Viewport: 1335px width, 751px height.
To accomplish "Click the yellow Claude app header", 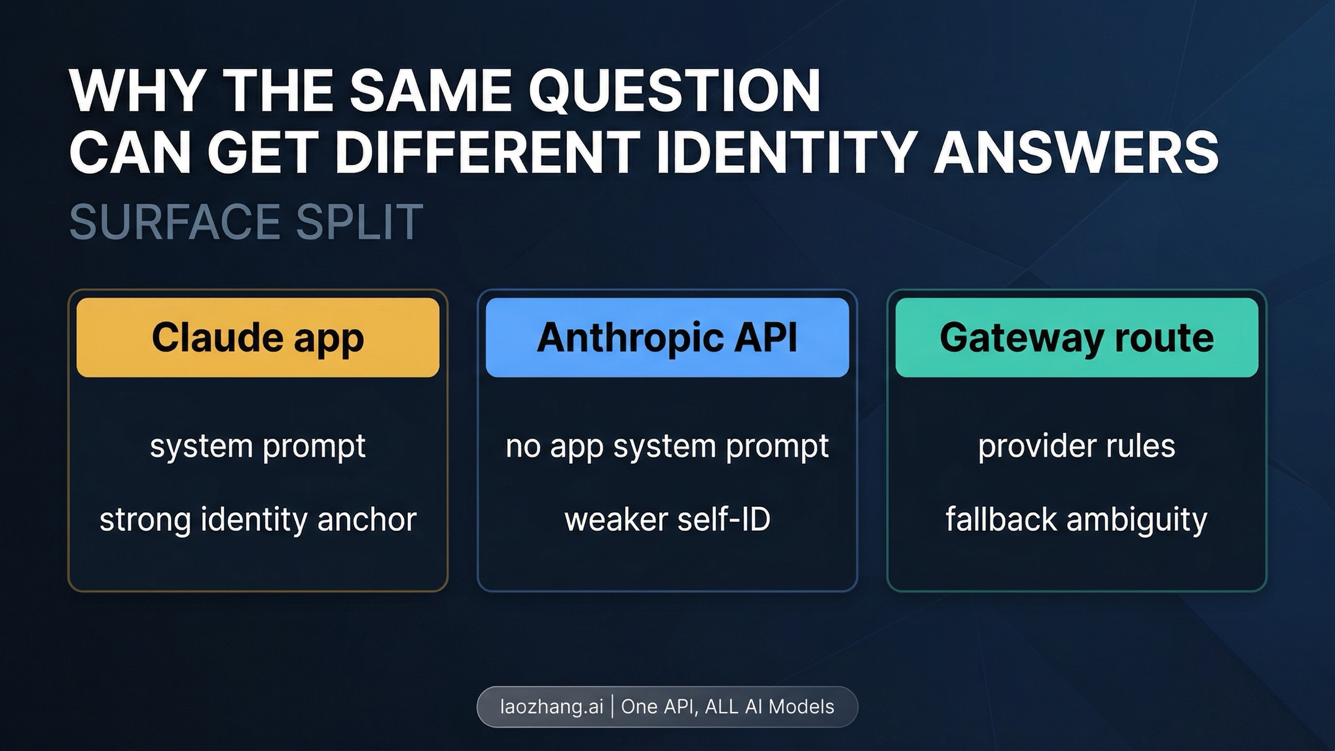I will pos(258,338).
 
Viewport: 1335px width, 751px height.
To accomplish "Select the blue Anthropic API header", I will pos(667,338).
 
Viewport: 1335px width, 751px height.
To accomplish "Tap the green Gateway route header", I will pos(1076,338).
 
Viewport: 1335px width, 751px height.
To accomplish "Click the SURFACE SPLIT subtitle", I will pos(246,222).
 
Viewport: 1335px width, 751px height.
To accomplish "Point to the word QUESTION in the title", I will pos(674,91).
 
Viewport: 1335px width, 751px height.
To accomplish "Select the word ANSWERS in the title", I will pos(1076,152).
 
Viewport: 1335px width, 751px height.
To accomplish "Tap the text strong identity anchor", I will pos(258,519).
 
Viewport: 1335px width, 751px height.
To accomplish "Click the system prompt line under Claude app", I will pos(258,446).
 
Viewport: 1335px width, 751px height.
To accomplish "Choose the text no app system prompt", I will pos(667,446).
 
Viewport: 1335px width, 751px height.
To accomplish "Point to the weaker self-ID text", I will pos(667,519).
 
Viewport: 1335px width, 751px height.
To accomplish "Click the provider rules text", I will pos(1076,446).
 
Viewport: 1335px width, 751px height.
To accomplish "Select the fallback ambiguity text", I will pos(1076,519).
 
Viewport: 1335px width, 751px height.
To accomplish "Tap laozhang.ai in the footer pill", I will pos(551,706).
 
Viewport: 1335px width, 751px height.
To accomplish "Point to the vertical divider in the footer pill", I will pos(612,706).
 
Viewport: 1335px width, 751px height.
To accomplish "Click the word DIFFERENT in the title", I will pos(488,152).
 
